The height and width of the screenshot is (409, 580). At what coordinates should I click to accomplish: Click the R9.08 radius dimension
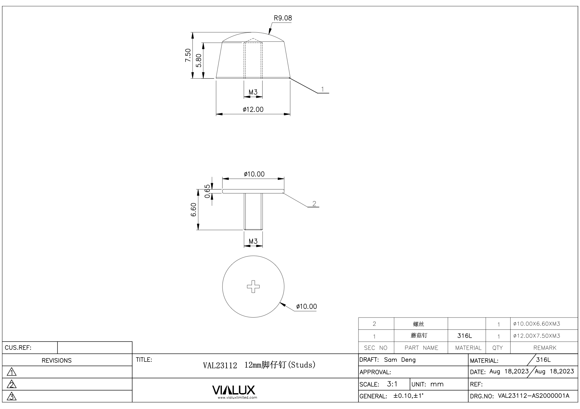[283, 18]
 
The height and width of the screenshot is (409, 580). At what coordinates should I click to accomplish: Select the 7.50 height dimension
[188, 55]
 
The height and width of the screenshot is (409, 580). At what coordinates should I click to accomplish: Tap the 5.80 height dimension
[199, 60]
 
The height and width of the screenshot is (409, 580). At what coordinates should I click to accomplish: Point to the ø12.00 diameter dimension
[253, 110]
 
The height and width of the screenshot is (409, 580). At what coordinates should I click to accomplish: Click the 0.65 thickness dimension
[207, 191]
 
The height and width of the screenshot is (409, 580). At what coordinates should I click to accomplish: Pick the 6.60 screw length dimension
[194, 210]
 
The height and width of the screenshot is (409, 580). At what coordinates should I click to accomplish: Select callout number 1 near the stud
[322, 89]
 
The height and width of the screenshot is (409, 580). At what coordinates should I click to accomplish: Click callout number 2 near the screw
[314, 203]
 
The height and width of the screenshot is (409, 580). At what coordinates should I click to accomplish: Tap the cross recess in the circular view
[253, 287]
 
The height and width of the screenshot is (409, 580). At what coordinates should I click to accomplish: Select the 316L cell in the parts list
[465, 336]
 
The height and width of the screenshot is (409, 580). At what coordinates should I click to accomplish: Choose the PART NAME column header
[421, 348]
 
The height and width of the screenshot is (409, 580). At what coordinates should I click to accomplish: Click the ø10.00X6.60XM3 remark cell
[536, 324]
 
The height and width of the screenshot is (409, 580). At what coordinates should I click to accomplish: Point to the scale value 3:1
[392, 384]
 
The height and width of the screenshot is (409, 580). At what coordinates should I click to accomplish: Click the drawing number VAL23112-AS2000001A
[533, 396]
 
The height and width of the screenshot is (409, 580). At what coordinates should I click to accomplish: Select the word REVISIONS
[57, 360]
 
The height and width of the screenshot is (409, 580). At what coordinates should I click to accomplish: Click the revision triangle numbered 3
[12, 396]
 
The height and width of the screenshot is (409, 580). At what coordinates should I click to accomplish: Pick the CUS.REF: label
[18, 348]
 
